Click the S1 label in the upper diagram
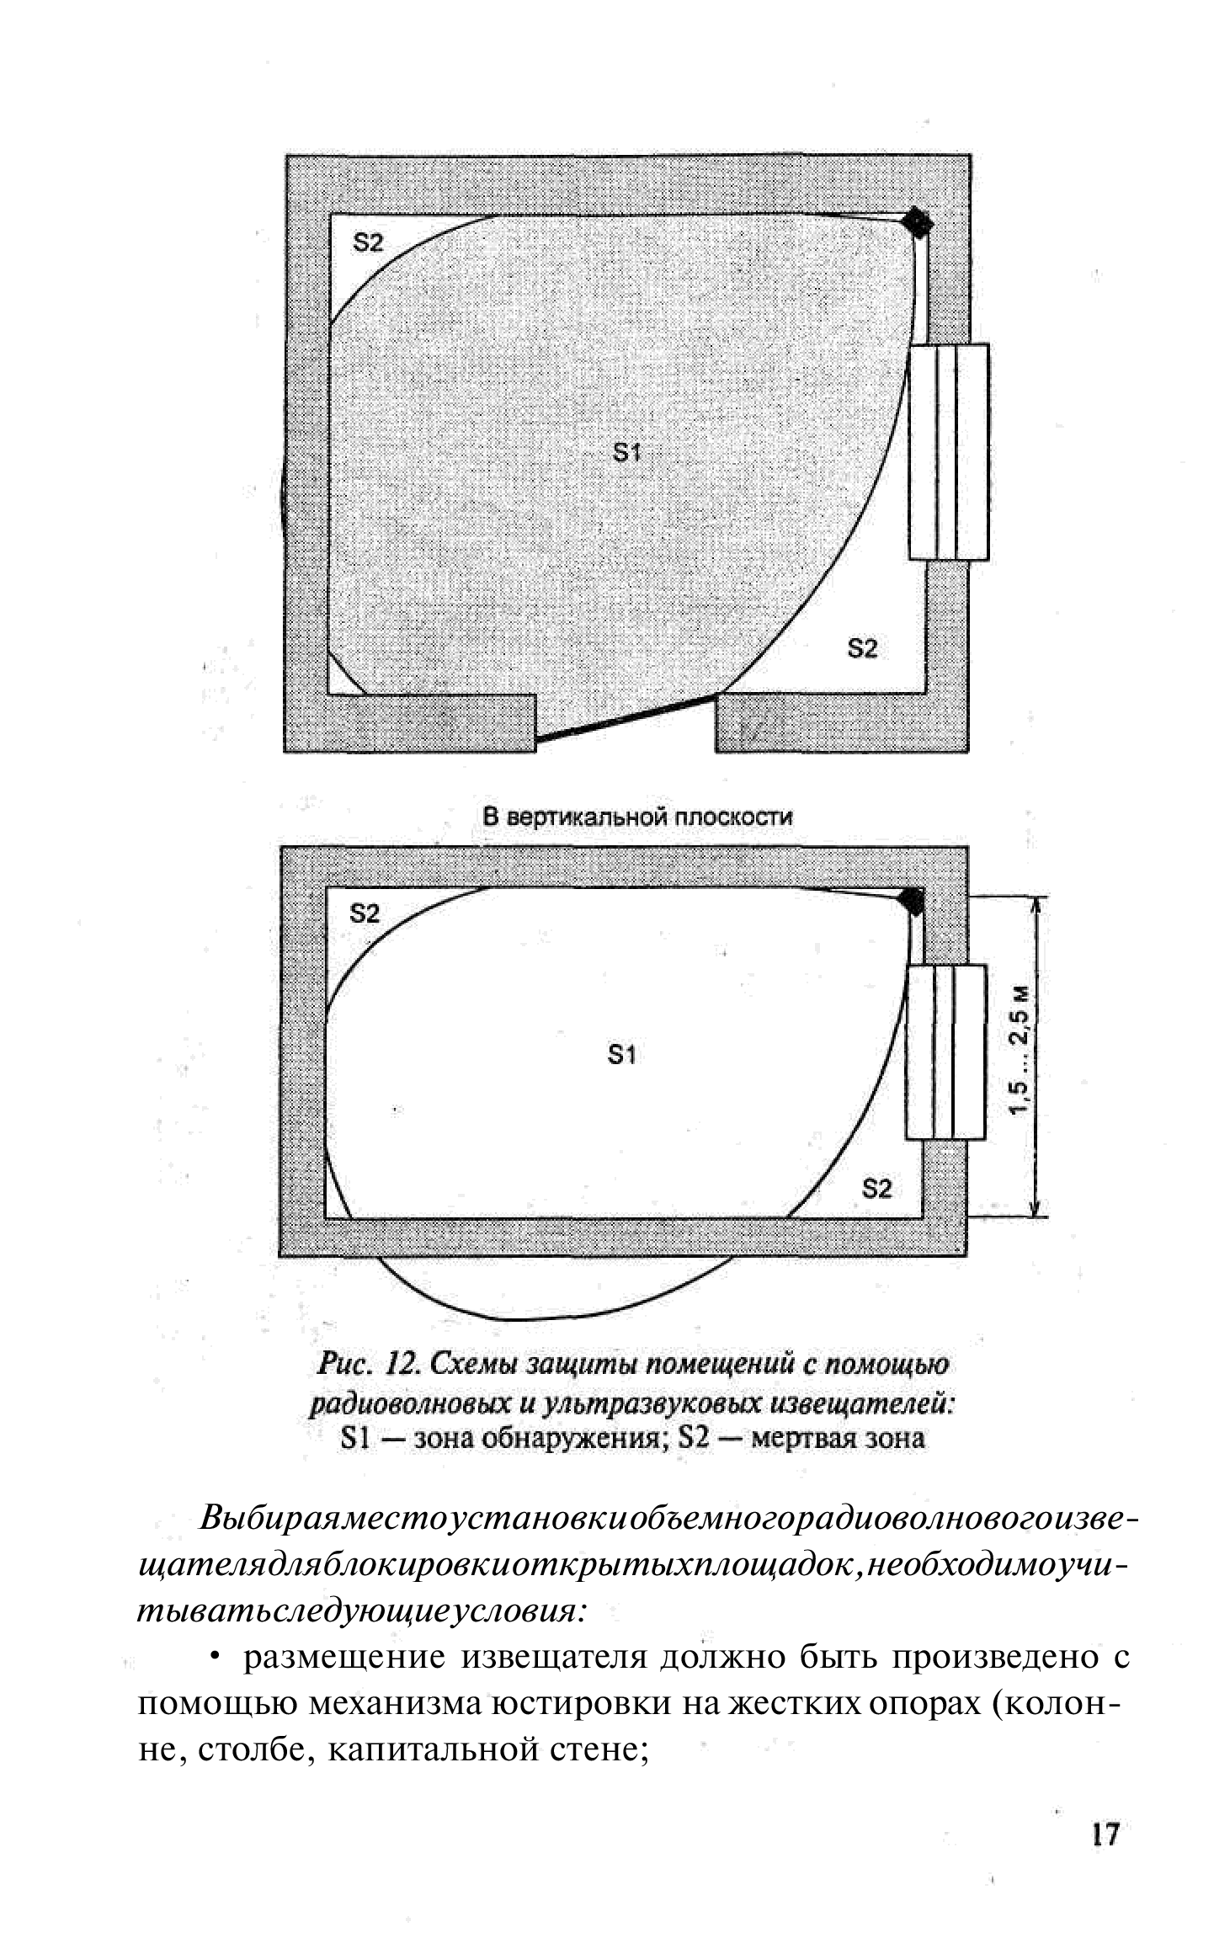click(x=626, y=454)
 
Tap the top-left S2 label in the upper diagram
click(x=368, y=243)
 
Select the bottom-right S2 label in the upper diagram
click(x=861, y=648)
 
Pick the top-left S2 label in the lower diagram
click(x=365, y=913)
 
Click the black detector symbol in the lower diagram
click(x=913, y=900)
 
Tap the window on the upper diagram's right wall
click(x=949, y=452)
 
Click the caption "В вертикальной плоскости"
click(x=637, y=817)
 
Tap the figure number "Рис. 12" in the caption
click(x=363, y=1363)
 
